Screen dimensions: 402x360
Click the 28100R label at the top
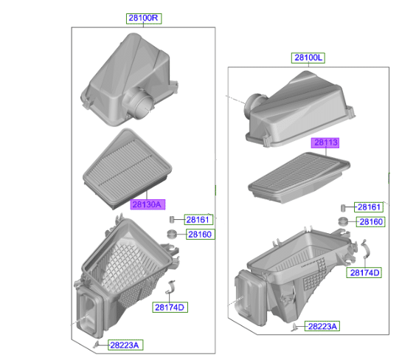click(144, 18)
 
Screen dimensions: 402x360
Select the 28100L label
click(308, 58)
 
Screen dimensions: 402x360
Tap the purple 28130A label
click(148, 204)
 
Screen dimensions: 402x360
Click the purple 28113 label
click(325, 143)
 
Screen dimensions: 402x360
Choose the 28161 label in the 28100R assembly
click(198, 220)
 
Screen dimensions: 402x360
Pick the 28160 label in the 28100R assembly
click(200, 235)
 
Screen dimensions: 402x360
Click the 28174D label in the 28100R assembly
click(170, 307)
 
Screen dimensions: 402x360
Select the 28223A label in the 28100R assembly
click(125, 345)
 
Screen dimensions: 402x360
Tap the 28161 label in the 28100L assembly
click(369, 207)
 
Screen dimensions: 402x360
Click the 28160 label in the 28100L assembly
click(371, 222)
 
